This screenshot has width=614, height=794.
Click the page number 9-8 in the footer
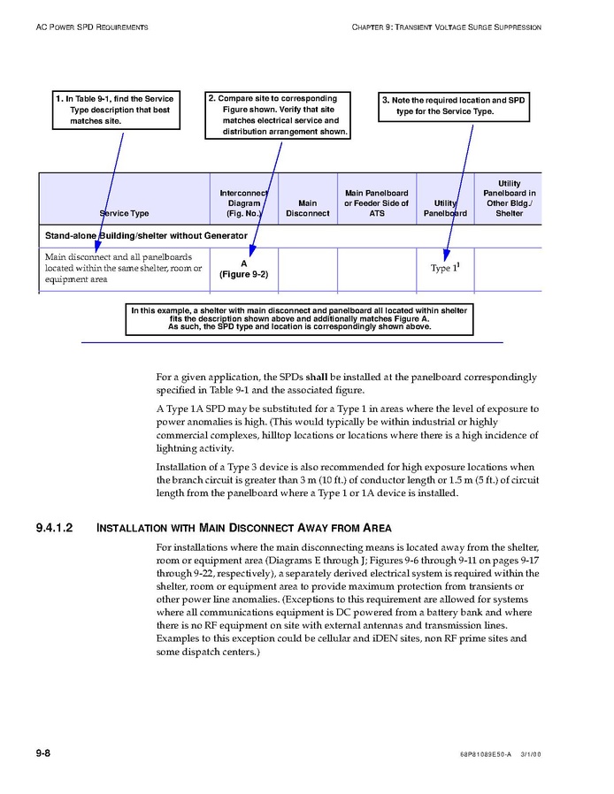42,752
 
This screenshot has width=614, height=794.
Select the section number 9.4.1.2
54,528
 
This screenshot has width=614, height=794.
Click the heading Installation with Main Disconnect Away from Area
243,528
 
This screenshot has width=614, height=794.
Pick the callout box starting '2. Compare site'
278,115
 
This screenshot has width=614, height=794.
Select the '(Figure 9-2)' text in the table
243,274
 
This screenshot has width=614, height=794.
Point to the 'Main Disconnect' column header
308,208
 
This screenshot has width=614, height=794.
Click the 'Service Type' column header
124,213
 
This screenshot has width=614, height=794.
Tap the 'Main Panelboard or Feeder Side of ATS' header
377,202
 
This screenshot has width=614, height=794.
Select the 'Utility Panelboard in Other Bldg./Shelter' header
509,198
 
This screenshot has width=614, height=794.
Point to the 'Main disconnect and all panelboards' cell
123,268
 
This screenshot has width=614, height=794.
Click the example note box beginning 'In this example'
299,318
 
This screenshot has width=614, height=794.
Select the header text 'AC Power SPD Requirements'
92,27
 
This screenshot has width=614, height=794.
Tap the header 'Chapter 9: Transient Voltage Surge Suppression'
446,27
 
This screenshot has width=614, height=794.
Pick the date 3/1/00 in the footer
531,754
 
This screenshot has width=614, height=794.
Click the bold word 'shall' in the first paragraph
317,378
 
